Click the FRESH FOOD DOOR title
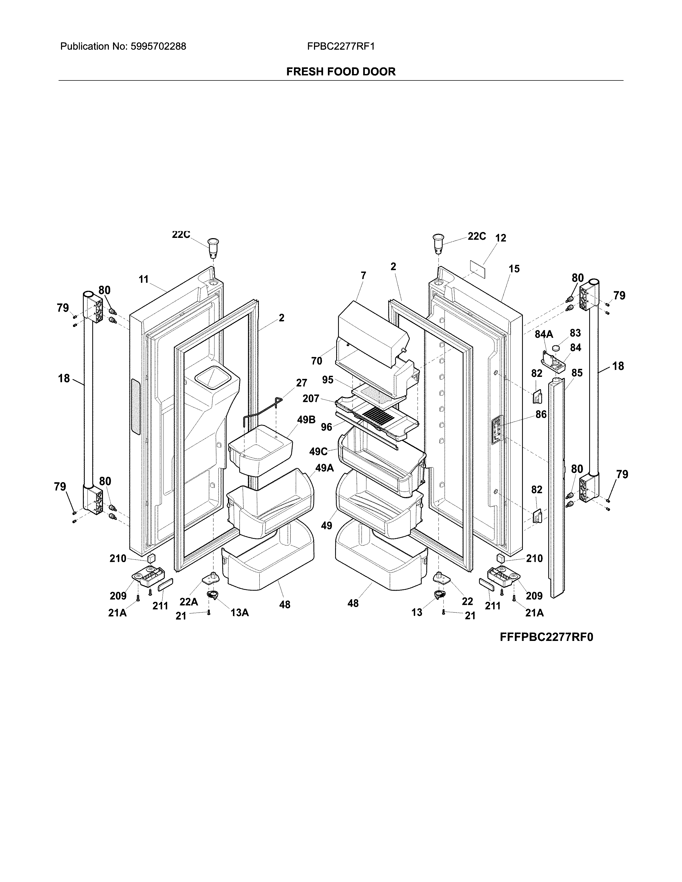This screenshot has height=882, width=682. pos(340,72)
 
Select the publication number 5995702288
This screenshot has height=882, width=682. pos(158,47)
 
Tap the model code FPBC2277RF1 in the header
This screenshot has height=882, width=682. pos(340,47)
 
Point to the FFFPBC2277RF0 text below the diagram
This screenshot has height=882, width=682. pos(546,637)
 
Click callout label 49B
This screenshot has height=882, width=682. pos(306,420)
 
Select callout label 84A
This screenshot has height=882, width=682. pos(543,334)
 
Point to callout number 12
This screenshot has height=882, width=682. pos(500,238)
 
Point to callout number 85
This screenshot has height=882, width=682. pos(577,373)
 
